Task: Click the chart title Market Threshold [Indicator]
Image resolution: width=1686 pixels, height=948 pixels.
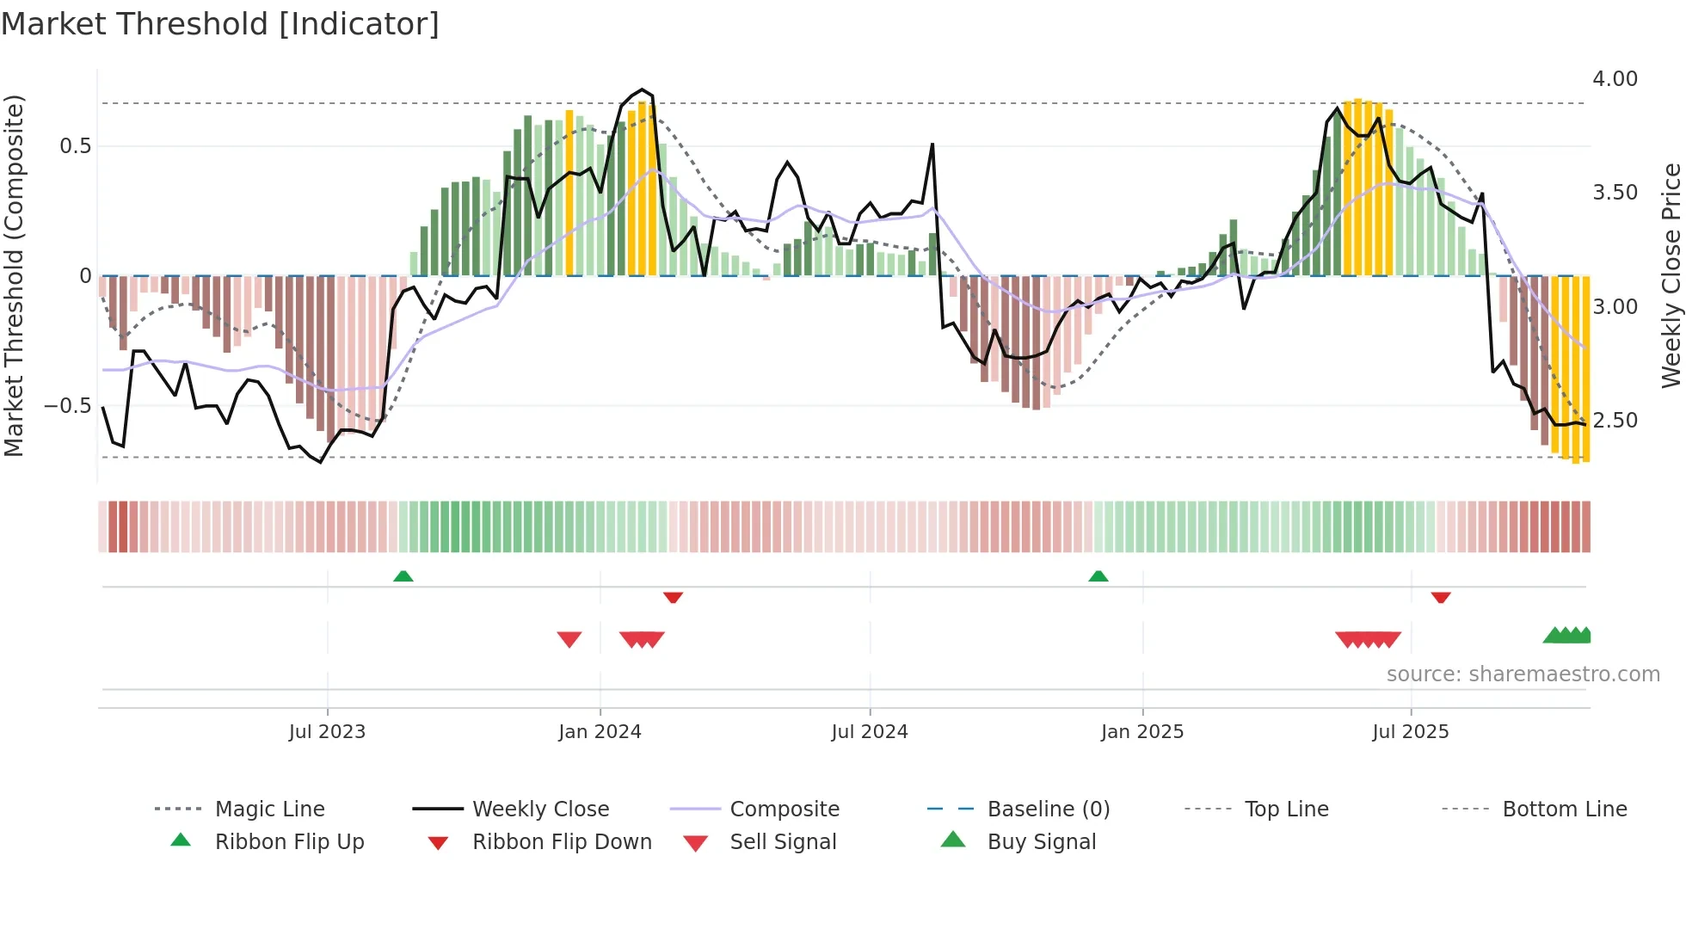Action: pyautogui.click(x=220, y=24)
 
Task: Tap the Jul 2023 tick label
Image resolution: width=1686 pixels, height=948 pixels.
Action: pyautogui.click(x=327, y=732)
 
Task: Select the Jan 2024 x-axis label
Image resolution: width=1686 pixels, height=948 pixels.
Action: pyautogui.click(x=600, y=732)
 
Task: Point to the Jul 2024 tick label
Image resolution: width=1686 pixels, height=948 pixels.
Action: pyautogui.click(x=870, y=732)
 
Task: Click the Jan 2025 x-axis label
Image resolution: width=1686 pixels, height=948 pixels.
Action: pyautogui.click(x=1142, y=732)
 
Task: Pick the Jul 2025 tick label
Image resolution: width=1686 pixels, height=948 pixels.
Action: pyautogui.click(x=1411, y=732)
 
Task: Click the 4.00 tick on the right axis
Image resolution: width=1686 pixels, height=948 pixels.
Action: pyautogui.click(x=1615, y=79)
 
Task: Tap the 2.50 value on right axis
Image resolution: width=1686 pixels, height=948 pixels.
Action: pyautogui.click(x=1615, y=421)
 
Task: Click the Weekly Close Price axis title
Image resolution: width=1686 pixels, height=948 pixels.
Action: pyautogui.click(x=1671, y=275)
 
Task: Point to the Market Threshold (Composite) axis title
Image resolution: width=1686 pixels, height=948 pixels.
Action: pyautogui.click(x=14, y=275)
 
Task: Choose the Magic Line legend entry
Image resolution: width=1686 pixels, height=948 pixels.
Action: pyautogui.click(x=269, y=809)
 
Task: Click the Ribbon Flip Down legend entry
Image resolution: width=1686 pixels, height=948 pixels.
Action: pyautogui.click(x=562, y=842)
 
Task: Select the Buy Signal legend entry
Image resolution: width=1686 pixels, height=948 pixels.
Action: pyautogui.click(x=1041, y=842)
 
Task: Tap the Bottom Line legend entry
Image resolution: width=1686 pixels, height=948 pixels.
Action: pyautogui.click(x=1564, y=809)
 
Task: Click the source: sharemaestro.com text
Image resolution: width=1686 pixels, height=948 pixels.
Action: pyautogui.click(x=1523, y=674)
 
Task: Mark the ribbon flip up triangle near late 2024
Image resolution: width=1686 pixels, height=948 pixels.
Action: pyautogui.click(x=1098, y=576)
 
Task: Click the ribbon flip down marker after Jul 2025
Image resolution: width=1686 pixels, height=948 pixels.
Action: pyautogui.click(x=1441, y=597)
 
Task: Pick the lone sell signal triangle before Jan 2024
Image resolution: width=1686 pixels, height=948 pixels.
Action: pyautogui.click(x=569, y=639)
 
